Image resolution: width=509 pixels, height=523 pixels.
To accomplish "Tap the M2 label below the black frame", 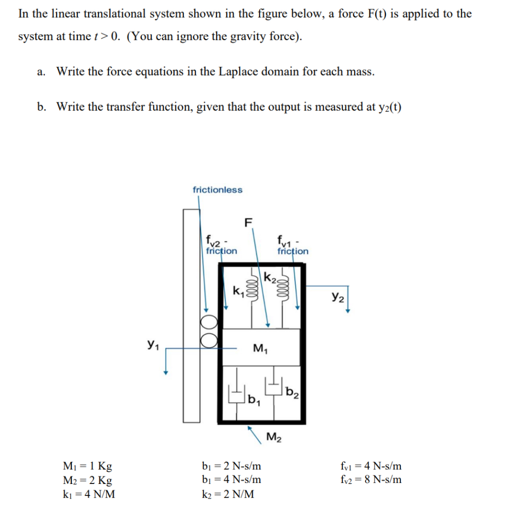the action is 273,439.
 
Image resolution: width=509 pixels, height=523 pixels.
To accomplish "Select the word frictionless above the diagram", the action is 217,190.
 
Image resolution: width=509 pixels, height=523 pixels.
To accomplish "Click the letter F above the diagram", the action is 248,222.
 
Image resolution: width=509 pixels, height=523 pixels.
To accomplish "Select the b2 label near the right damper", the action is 292,391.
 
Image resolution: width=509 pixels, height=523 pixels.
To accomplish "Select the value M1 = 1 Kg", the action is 85,466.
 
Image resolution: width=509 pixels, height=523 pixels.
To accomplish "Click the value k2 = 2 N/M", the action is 225,494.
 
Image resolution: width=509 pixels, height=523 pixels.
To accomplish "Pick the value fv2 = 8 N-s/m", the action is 370,480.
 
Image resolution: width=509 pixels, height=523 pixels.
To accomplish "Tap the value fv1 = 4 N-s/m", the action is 370,466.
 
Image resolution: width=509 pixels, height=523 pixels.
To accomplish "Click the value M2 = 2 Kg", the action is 85,480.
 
